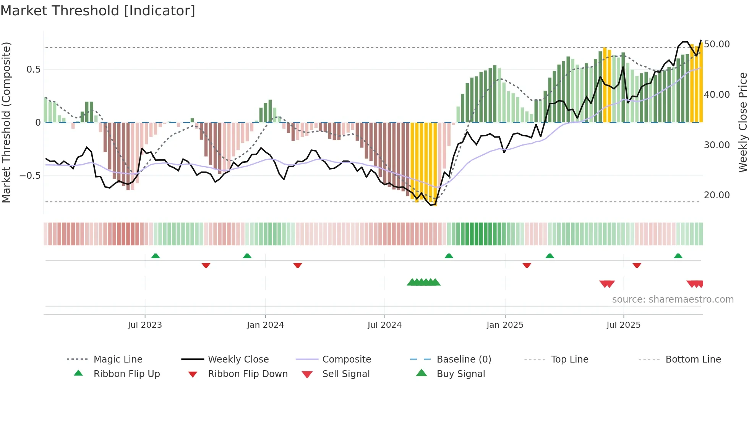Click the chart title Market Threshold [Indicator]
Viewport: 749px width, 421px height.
click(98, 11)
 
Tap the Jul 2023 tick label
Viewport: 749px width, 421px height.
click(145, 325)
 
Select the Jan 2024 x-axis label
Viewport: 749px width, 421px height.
click(265, 325)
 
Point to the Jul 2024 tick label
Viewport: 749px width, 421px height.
click(384, 325)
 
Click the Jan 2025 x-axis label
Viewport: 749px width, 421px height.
click(505, 325)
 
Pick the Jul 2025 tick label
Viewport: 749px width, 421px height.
click(623, 325)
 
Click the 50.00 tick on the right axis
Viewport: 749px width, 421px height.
click(717, 44)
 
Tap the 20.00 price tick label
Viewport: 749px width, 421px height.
click(717, 195)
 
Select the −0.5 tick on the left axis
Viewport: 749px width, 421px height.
click(30, 176)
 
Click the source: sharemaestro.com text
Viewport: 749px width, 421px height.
click(673, 300)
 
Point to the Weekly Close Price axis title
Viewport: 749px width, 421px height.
click(743, 122)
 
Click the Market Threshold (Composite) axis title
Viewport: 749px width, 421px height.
click(6, 122)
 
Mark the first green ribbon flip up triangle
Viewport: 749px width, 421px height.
click(156, 256)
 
